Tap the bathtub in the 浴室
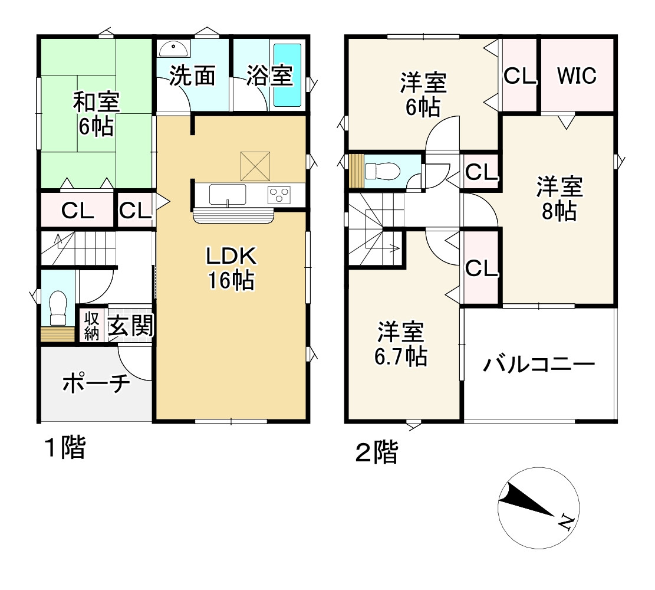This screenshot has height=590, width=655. point(288,74)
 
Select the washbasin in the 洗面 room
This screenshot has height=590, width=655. point(172,48)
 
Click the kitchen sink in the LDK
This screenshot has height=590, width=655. point(228,194)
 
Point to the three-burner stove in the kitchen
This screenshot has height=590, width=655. point(279,194)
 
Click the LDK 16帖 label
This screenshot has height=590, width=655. point(231,268)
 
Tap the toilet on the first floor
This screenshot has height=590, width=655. point(58,307)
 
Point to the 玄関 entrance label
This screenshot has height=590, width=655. point(130,325)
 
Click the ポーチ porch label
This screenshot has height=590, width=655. point(96,384)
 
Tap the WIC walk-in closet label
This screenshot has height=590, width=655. point(577,76)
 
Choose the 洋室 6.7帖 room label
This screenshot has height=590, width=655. point(401,344)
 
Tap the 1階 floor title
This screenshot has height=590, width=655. point(65,449)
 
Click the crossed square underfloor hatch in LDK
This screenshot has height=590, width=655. point(255,166)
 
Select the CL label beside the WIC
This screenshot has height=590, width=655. point(519,76)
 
